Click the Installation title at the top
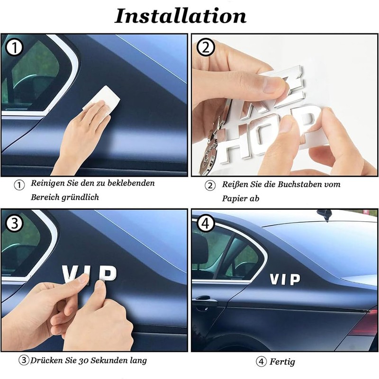tap(180, 15)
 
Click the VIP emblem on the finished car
tap(285, 280)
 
